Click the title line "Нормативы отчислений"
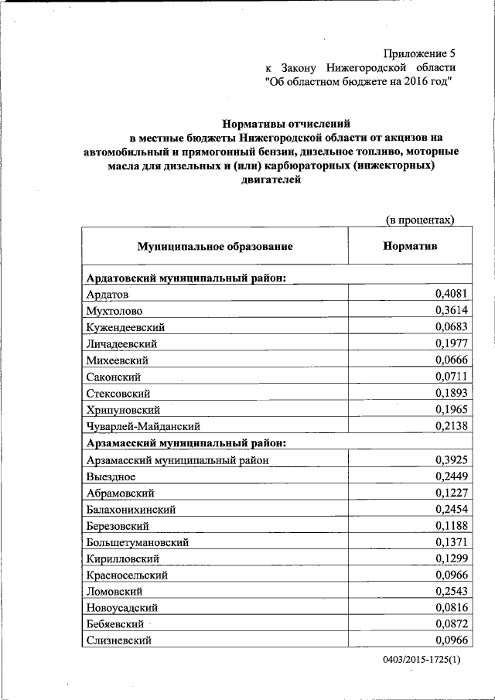(x=286, y=123)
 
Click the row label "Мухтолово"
(x=114, y=311)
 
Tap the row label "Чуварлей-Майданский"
(x=144, y=426)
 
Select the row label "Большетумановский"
(x=138, y=542)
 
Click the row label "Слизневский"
(x=119, y=641)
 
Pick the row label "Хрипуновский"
(x=124, y=409)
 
